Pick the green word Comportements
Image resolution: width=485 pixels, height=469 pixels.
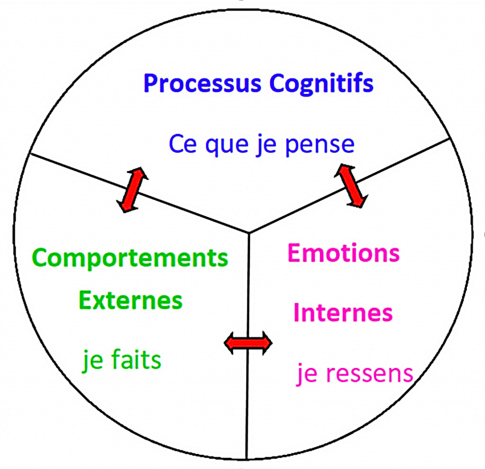coord(130,258)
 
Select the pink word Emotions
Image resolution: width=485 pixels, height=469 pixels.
coord(343,253)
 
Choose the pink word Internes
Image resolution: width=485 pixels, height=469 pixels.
coord(343,313)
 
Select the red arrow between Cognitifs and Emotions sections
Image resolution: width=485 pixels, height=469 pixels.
coord(350,185)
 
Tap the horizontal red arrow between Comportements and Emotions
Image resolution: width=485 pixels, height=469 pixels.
coord(248,343)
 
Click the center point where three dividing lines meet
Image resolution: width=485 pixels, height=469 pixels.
coord(249,233)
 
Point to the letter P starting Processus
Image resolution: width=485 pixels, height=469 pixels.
coord(150,84)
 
